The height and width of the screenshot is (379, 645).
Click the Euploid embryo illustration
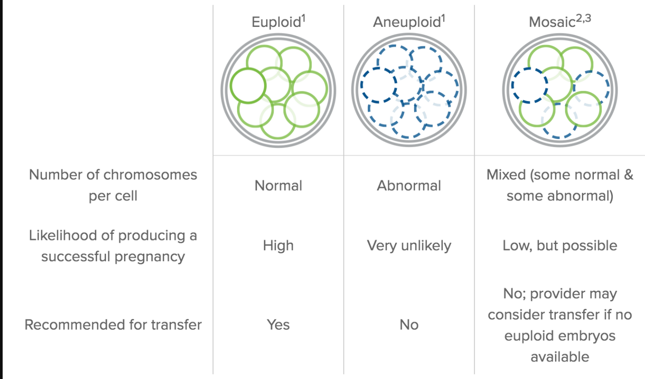[x=278, y=90]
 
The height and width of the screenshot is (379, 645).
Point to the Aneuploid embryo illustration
[x=409, y=90]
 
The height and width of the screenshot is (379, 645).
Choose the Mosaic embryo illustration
[x=560, y=90]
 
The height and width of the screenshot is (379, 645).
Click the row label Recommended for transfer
[x=113, y=325]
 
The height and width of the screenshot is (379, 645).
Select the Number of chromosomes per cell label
[x=113, y=185]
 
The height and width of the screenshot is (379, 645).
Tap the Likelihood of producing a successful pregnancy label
[x=113, y=246]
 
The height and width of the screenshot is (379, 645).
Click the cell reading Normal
[x=278, y=186]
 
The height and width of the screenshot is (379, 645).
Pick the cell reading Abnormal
[x=409, y=186]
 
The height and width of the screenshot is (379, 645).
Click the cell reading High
[x=278, y=246]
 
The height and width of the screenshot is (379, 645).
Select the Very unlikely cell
[x=409, y=246]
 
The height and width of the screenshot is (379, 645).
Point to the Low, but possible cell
[x=560, y=246]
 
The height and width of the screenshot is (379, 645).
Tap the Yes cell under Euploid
[x=278, y=325]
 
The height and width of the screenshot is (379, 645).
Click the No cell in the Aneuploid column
[x=409, y=325]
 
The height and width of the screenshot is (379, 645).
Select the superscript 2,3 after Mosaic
[x=583, y=19]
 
